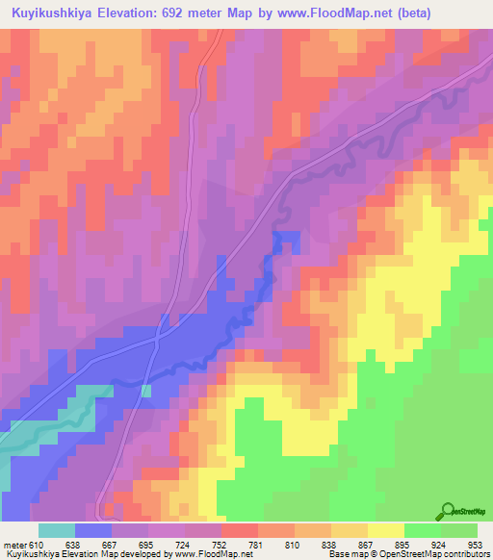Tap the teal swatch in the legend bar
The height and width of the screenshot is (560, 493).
(x=57, y=530)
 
